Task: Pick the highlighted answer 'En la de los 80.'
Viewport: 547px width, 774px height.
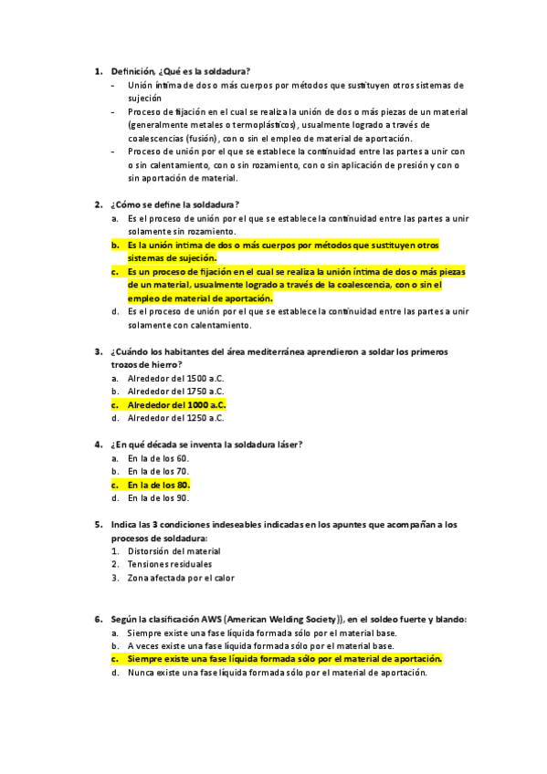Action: (158, 485)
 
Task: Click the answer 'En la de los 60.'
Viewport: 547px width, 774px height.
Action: (158, 458)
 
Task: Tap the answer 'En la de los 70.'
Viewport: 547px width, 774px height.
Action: (158, 471)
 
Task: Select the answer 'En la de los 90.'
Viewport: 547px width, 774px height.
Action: (158, 498)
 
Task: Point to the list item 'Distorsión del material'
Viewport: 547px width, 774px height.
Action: (174, 551)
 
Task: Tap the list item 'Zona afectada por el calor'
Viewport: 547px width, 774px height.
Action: (181, 578)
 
